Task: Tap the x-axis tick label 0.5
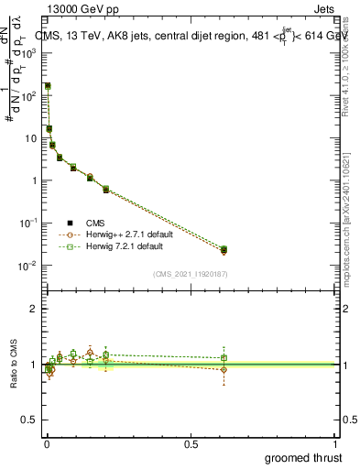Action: tap(191, 443)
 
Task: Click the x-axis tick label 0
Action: tap(47, 443)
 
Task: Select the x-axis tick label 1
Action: tap(335, 443)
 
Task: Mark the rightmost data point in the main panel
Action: tap(224, 249)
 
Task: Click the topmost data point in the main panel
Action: tap(48, 86)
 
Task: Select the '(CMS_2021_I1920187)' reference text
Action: tap(190, 274)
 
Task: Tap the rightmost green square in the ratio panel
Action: tap(224, 358)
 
